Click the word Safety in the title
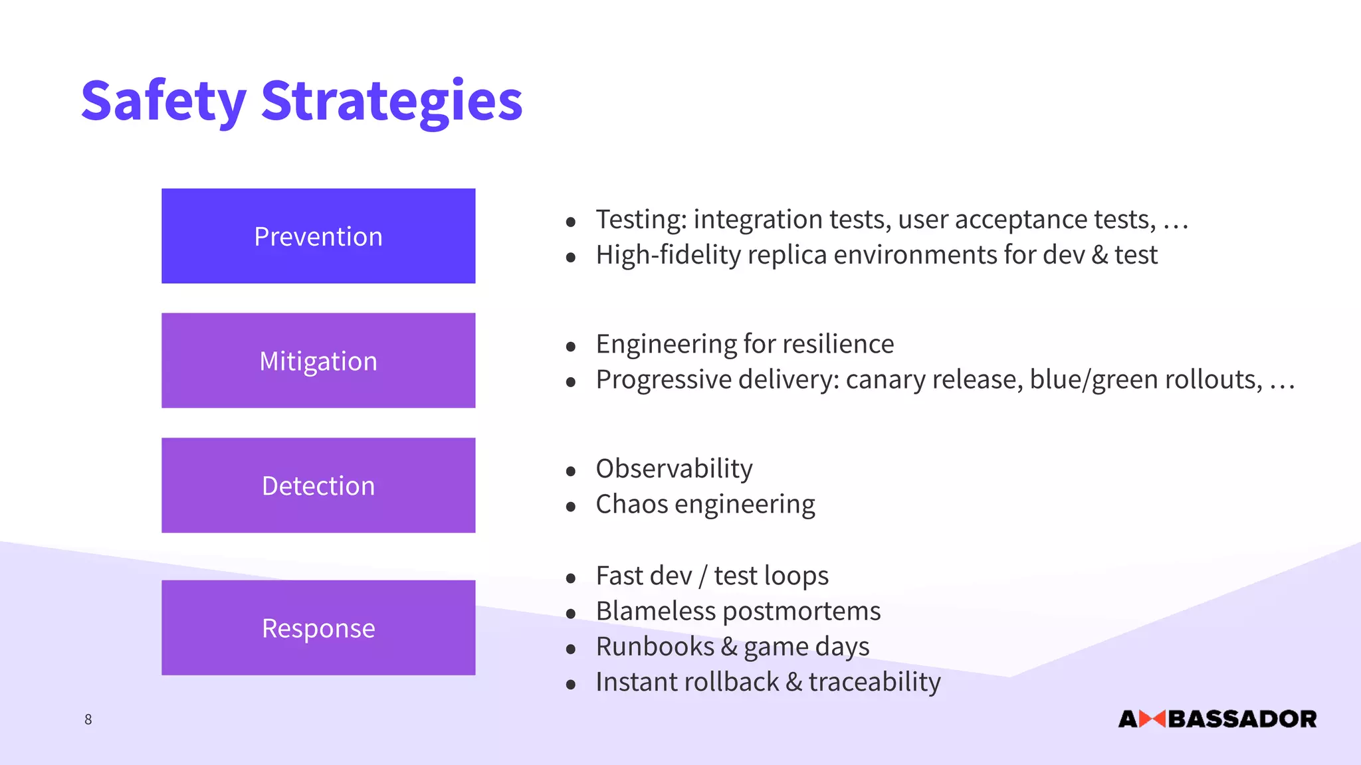(x=163, y=101)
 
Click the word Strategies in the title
(x=391, y=101)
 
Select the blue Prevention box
(x=318, y=236)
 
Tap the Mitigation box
(x=318, y=361)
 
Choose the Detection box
(x=318, y=485)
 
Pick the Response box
(x=318, y=628)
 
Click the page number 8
(x=88, y=719)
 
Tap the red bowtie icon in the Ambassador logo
(x=1152, y=719)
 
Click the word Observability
(x=674, y=469)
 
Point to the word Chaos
(x=631, y=504)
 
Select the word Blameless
(x=655, y=611)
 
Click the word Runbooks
(x=655, y=647)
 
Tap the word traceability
(x=875, y=683)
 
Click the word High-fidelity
(x=668, y=255)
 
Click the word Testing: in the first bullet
(x=641, y=220)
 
